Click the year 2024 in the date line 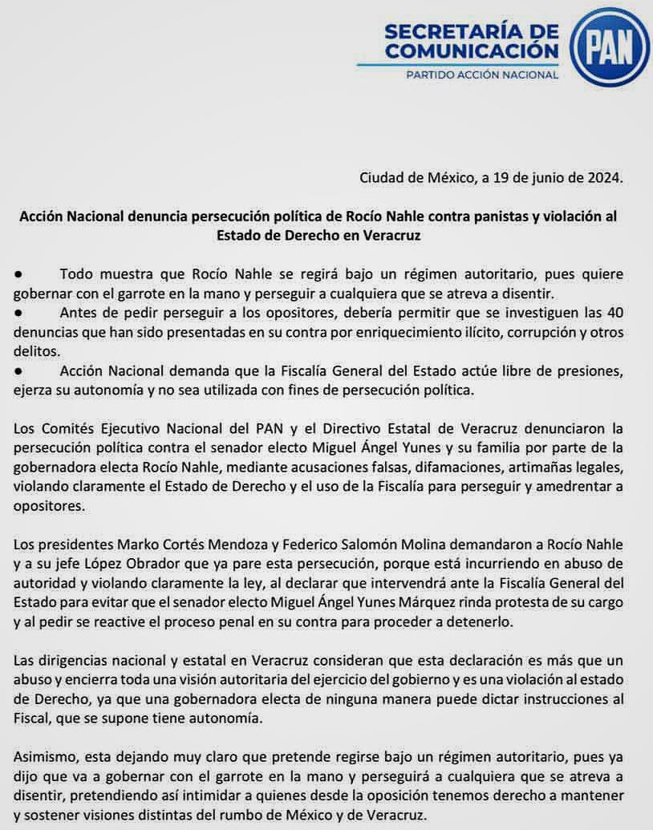point(604,178)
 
